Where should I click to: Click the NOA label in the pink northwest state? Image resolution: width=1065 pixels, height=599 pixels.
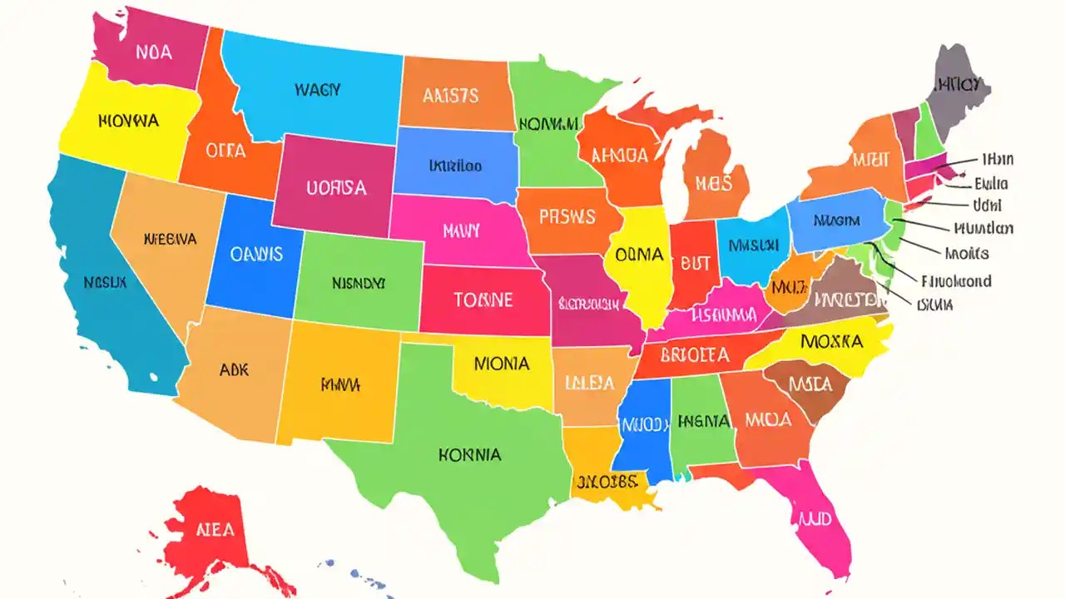154,52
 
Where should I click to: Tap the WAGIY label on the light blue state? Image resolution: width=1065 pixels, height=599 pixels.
317,90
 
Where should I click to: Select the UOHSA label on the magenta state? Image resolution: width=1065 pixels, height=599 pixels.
336,188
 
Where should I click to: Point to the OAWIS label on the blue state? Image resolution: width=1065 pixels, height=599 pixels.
255,255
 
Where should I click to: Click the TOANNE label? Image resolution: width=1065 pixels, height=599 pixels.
483,299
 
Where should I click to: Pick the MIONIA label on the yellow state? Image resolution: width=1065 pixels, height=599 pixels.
502,364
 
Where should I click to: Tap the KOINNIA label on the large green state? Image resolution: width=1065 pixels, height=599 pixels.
469,455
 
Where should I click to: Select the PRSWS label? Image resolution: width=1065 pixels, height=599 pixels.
567,217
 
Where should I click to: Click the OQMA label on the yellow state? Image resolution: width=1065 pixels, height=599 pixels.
639,255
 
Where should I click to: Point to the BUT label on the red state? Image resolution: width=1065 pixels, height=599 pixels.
696,263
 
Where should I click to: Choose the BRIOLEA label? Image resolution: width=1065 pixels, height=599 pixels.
694,355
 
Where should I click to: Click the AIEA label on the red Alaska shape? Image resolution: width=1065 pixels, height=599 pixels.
215,529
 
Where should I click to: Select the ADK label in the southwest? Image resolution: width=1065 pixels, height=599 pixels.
234,370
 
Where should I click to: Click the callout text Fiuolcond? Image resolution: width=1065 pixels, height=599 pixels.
957,281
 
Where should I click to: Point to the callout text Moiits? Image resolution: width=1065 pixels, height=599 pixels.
967,253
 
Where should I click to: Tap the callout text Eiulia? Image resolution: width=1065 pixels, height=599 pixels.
991,184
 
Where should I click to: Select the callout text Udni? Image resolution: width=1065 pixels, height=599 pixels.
987,205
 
